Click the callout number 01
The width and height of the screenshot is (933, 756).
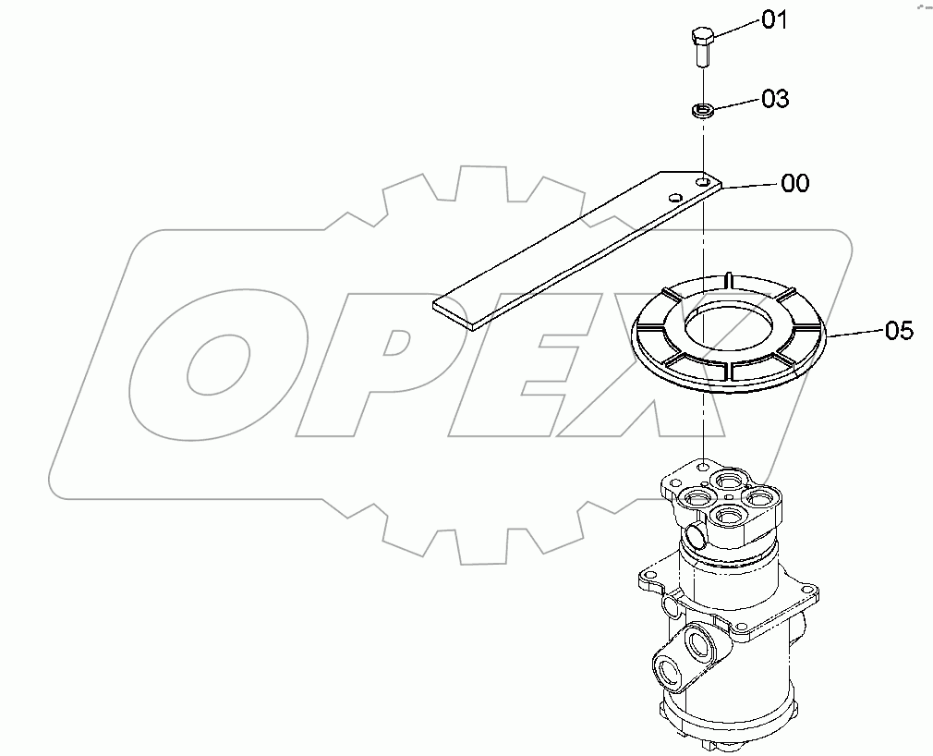774,20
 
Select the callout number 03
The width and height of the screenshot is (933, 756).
774,99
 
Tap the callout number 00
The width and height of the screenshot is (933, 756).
794,183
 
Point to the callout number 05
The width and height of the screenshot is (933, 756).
899,330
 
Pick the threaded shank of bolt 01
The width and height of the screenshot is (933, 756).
702,56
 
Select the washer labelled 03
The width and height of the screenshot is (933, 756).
702,111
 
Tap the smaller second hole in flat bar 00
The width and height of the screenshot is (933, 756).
676,197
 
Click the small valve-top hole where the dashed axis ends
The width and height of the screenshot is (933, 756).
704,468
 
